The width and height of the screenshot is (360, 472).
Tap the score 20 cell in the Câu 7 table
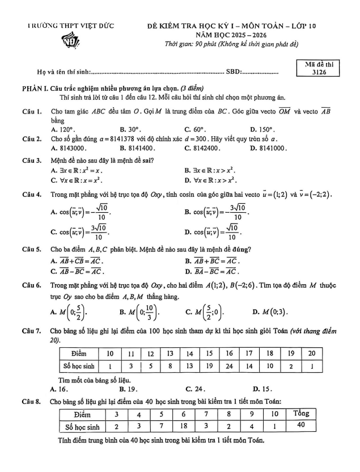311,353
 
